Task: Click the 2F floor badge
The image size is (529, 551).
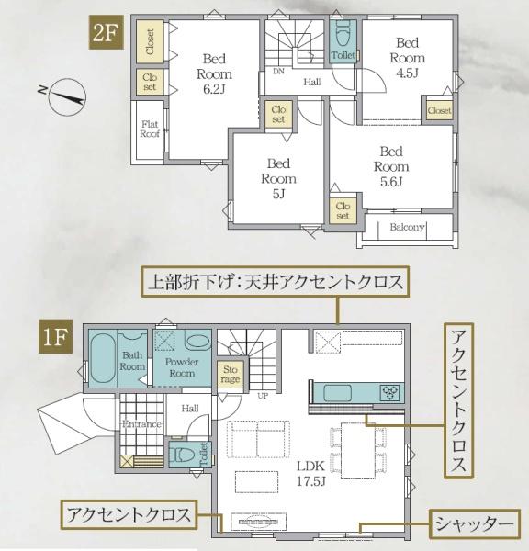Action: point(107,32)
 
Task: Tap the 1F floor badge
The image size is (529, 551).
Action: point(55,337)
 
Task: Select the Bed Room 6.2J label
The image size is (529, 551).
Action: point(214,73)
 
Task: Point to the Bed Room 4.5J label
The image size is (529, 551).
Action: point(408,58)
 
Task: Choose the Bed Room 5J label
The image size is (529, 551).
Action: point(278,178)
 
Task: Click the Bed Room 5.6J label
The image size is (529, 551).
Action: point(391,166)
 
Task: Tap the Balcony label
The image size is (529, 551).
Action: point(407,227)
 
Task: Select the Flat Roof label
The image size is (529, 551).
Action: point(150,129)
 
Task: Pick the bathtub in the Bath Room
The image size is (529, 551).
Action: point(102,358)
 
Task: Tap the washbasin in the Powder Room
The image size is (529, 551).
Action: point(197,341)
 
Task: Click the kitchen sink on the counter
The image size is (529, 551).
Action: point(337,393)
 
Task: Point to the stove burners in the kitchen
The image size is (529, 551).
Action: point(389,392)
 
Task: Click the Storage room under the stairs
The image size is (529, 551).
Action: point(231,375)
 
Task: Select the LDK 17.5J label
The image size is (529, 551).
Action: point(311,473)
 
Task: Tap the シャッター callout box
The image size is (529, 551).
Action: point(475,524)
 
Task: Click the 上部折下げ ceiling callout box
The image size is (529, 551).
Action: point(276,282)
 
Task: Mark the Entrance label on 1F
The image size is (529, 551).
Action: point(141,423)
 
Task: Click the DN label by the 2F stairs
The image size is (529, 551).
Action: point(278,72)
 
